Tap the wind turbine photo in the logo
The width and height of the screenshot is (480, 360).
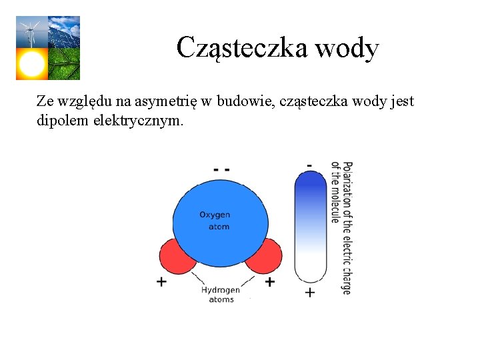click(x=31, y=31)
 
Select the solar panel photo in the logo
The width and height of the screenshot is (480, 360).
click(x=64, y=31)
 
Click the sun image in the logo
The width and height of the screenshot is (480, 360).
click(x=31, y=64)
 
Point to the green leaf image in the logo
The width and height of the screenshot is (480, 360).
click(x=64, y=64)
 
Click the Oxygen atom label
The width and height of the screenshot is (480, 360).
click(x=215, y=221)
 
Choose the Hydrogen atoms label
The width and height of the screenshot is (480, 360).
click(x=221, y=295)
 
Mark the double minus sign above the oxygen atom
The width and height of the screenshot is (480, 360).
click(x=221, y=169)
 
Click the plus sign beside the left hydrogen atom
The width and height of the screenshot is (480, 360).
click(x=161, y=282)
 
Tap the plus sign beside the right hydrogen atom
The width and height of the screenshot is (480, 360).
click(x=269, y=282)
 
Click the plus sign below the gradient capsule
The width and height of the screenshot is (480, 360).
click(x=310, y=292)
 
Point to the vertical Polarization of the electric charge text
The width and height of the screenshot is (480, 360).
click(x=341, y=227)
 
